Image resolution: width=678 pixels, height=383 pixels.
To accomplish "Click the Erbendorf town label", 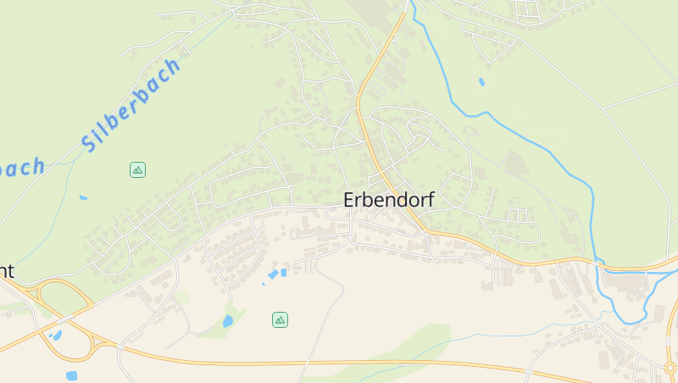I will click(389, 201).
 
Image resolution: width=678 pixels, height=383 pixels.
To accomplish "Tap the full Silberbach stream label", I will click(132, 104).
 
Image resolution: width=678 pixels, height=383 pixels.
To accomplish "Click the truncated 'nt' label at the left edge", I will click(7, 271).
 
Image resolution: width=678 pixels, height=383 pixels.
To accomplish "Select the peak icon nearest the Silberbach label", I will click(137, 169).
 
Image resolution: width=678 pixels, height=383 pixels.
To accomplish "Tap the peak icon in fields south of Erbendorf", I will click(280, 319).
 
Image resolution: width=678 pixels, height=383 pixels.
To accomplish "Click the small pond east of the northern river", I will click(481, 82).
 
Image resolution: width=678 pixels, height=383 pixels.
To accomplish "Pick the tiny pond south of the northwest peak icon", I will click(83, 197).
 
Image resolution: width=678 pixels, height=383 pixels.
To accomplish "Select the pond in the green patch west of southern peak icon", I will click(227, 321).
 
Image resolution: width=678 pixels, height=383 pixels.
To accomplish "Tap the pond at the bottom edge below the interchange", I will click(71, 375).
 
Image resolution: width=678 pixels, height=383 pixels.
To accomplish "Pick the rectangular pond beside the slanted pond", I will click(283, 272).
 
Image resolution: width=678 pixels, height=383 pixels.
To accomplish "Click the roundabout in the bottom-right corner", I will click(670, 368).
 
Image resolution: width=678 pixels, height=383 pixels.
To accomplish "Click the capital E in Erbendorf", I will click(349, 201).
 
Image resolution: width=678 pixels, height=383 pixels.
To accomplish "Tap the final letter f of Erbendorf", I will click(430, 201).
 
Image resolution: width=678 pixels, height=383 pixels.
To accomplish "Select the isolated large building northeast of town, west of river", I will click(514, 162).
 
